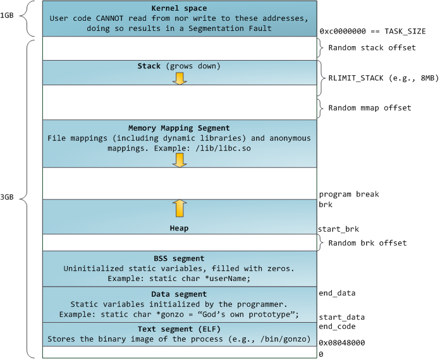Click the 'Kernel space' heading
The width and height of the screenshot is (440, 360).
[x=180, y=8]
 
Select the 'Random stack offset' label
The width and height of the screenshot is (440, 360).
[x=371, y=48]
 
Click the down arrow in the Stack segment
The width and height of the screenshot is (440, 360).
[x=180, y=78]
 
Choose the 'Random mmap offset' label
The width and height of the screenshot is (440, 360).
[x=370, y=107]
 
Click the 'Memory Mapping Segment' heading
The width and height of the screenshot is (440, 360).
[x=180, y=128]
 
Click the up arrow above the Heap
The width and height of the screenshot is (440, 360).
[x=180, y=207]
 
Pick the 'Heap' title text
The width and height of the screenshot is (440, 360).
[x=180, y=228]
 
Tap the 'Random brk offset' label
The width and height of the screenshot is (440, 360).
[x=367, y=243]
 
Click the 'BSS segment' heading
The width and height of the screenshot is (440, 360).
[x=180, y=258]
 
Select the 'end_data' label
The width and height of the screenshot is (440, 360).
[x=337, y=293]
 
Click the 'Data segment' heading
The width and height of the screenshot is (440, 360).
[x=180, y=294]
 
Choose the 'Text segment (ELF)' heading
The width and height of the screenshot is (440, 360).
[x=180, y=330]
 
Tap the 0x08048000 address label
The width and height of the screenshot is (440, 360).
[x=341, y=343]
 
